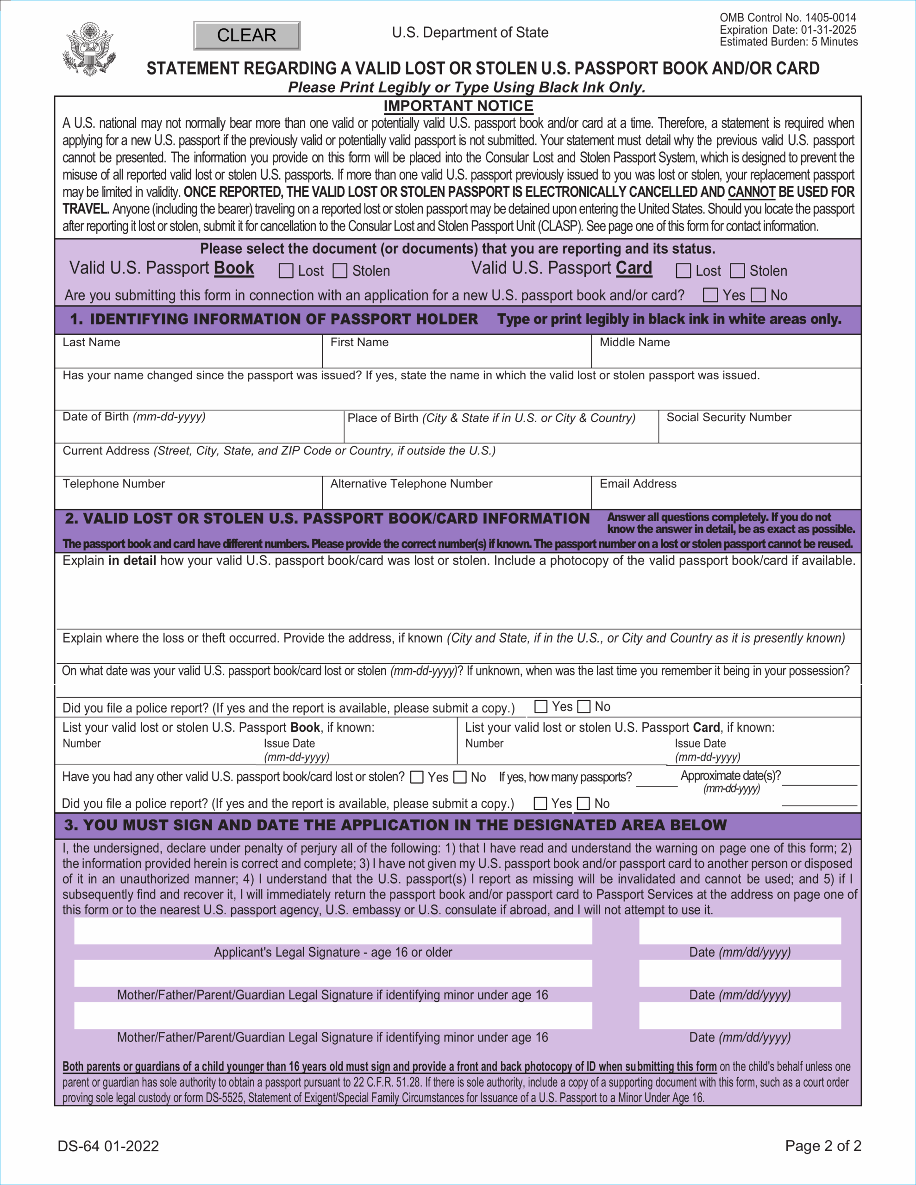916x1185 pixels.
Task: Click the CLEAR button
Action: [246, 35]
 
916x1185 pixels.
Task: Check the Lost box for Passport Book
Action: [286, 271]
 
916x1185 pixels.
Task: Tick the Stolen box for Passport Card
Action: [737, 271]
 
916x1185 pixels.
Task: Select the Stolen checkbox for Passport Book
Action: [340, 271]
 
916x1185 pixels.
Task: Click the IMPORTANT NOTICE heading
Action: [458, 106]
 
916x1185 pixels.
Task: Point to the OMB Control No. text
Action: [787, 18]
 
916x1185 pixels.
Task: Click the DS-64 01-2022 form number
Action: [108, 1146]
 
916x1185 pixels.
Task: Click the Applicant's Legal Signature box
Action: [333, 931]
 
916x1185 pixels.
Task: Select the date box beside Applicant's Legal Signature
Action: [740, 931]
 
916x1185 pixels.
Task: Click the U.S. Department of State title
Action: [470, 32]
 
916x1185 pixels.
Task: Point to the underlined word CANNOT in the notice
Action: [751, 192]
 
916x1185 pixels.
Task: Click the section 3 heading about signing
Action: [395, 825]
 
